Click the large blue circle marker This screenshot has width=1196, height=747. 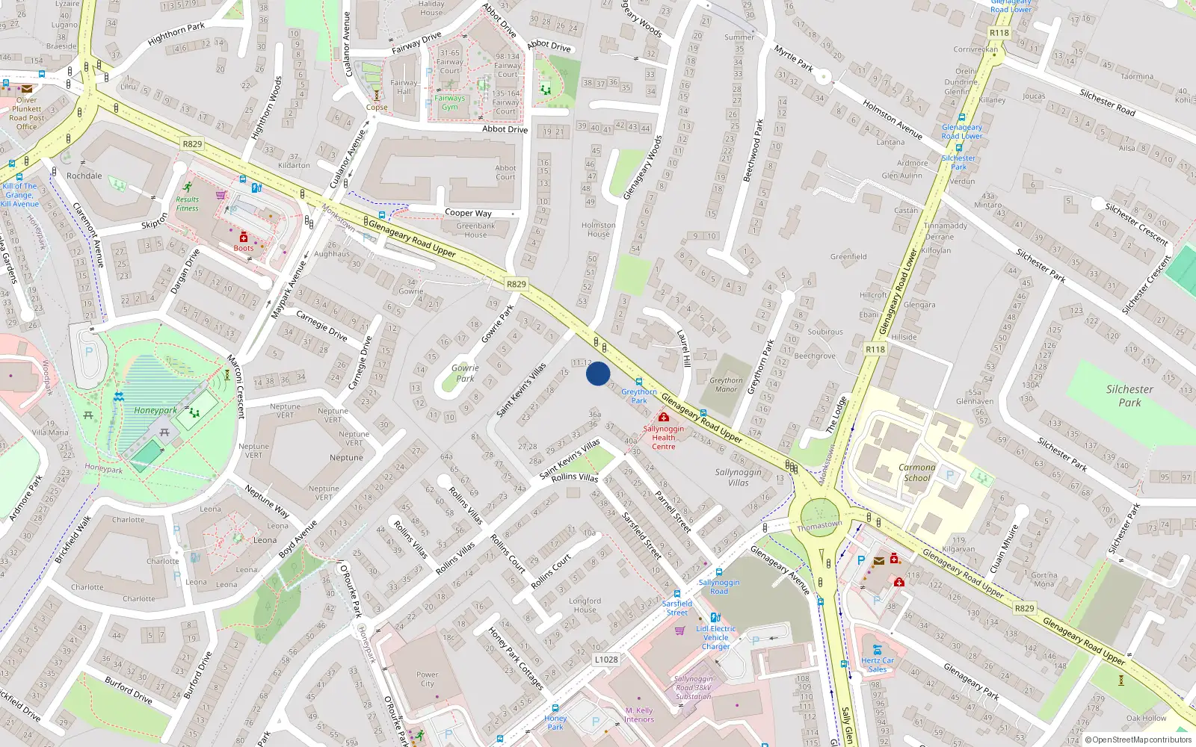click(598, 373)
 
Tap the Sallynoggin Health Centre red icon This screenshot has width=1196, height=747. click(663, 417)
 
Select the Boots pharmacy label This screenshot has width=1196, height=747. click(243, 248)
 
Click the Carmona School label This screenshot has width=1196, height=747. click(917, 472)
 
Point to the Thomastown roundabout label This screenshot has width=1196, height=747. click(819, 526)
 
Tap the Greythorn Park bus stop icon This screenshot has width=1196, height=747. click(638, 382)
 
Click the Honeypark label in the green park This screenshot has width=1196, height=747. click(155, 410)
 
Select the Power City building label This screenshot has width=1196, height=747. click(427, 678)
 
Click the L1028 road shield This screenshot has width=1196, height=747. click(606, 660)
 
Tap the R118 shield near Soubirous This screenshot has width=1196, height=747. click(875, 349)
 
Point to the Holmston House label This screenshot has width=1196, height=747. click(599, 229)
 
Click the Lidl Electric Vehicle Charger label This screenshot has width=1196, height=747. click(715, 637)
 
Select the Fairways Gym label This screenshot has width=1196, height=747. click(450, 102)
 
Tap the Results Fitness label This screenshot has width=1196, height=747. click(188, 204)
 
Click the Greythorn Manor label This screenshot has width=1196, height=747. click(726, 385)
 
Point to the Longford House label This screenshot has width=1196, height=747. click(585, 605)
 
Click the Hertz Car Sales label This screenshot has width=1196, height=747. click(878, 664)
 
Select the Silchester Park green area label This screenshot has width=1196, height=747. click(1129, 395)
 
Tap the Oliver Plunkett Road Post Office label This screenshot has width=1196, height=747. click(27, 114)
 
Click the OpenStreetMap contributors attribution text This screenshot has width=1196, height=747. click(1138, 740)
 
